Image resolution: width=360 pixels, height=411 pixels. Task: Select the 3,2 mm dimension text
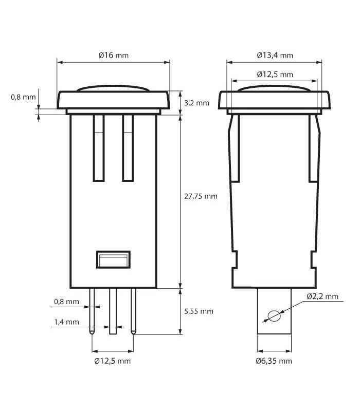pyautogui.click(x=196, y=103)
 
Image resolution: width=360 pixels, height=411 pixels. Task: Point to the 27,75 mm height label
pyautogui.click(x=201, y=196)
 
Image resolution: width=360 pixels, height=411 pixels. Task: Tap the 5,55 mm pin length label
pyautogui.click(x=199, y=311)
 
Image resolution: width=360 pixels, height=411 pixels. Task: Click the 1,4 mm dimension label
pyautogui.click(x=66, y=322)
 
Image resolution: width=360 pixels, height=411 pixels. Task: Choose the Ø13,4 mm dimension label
pyautogui.click(x=275, y=55)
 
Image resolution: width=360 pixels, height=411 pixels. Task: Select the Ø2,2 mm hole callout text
pyautogui.click(x=322, y=296)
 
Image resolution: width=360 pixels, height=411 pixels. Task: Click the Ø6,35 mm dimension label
pyautogui.click(x=274, y=361)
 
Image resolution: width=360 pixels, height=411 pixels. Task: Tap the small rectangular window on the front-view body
pyautogui.click(x=113, y=259)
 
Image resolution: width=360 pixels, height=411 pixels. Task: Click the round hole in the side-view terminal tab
pyautogui.click(x=274, y=315)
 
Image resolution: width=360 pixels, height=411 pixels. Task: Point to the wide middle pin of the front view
pyautogui.click(x=113, y=311)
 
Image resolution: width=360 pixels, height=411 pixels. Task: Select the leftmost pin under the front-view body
pyautogui.click(x=92, y=311)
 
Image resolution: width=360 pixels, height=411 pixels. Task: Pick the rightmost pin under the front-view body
pyautogui.click(x=134, y=311)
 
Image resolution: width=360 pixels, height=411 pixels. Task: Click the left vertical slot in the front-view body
pyautogui.click(x=99, y=148)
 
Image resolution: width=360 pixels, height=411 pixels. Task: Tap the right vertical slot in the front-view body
pyautogui.click(x=128, y=148)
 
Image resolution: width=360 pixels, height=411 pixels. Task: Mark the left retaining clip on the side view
pyautogui.click(x=234, y=149)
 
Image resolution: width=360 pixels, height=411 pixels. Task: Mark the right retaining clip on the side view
pyautogui.click(x=314, y=149)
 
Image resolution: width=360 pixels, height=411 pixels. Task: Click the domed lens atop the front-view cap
pyautogui.click(x=113, y=89)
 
